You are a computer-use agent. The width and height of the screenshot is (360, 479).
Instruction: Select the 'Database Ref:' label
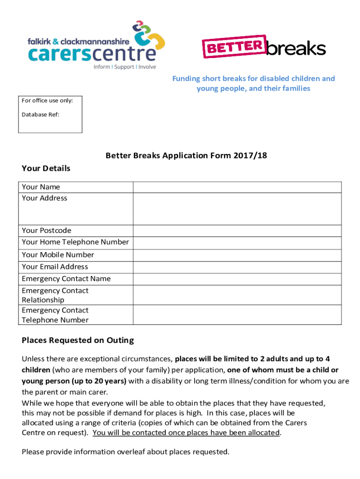(x=41, y=114)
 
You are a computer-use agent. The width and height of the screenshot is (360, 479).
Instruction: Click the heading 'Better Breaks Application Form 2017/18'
(x=186, y=155)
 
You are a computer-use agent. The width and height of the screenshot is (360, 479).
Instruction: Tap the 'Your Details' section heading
(x=46, y=168)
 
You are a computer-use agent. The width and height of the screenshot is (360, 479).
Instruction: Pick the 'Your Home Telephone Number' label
(x=75, y=242)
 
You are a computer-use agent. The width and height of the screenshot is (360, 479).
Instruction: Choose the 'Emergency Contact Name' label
(x=66, y=279)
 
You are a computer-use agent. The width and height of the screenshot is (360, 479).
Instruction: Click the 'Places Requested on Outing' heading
(x=78, y=341)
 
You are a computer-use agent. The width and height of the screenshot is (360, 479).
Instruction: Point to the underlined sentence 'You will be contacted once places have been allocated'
(x=186, y=433)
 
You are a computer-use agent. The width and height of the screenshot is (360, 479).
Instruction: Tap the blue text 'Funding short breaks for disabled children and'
(x=253, y=79)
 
